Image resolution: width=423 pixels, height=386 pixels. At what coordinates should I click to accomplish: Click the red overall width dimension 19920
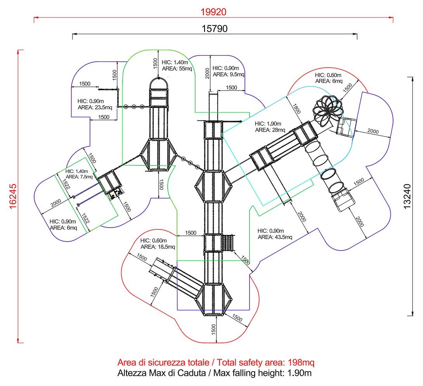[x=213, y=12]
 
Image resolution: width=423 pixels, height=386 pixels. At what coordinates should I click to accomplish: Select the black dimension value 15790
[x=214, y=29]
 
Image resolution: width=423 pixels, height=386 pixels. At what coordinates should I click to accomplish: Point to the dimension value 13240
[x=407, y=196]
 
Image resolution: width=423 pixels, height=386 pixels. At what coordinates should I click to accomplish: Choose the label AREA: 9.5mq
[x=229, y=74]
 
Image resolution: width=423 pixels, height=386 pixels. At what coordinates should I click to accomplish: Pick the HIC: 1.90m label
[x=270, y=123]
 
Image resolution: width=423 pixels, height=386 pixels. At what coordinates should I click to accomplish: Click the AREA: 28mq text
[x=270, y=130]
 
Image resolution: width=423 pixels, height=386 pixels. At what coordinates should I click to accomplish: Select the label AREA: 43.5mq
[x=275, y=237]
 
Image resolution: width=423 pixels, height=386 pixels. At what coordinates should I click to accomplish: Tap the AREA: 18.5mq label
[x=158, y=247]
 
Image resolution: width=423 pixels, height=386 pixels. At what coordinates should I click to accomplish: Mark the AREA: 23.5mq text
[x=95, y=107]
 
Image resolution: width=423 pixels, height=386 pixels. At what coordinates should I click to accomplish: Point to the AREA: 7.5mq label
[x=80, y=177]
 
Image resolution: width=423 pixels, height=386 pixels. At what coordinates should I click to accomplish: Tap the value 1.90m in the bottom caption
[x=300, y=374]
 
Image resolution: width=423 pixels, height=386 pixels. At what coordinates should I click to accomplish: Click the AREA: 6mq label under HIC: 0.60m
[x=329, y=81]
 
